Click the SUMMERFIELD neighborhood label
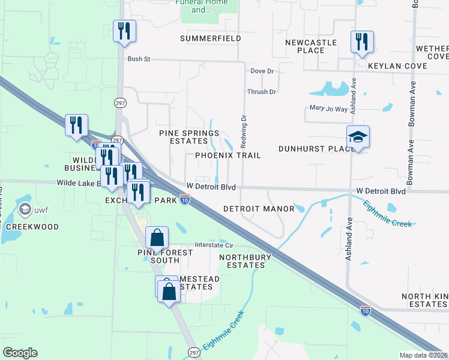[x=211, y=38]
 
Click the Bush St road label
[x=138, y=59]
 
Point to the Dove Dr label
[x=262, y=71]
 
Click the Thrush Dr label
[x=261, y=92]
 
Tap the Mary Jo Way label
[x=328, y=109]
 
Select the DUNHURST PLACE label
[x=316, y=148]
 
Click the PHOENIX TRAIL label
[x=228, y=155]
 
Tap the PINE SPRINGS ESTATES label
[x=183, y=137]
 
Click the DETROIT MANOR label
[x=259, y=209]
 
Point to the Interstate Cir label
[x=213, y=245]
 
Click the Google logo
[x=20, y=352]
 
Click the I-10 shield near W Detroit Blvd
[x=186, y=199]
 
